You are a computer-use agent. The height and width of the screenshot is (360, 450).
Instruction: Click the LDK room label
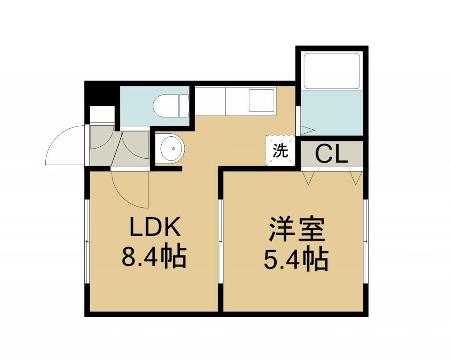pos(155,226)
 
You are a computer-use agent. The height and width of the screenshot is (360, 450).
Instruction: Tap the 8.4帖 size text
pos(154,257)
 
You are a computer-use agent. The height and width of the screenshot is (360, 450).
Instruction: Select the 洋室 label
pos(297,229)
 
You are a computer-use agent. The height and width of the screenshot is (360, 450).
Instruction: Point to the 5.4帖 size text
pos(296,259)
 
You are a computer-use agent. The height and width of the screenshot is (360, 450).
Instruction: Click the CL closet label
pos(331,155)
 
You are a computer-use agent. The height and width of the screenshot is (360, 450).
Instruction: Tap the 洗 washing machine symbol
pos(280,150)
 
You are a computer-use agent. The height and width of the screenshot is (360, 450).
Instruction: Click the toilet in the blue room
pos(171,106)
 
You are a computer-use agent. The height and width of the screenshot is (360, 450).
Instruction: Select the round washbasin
pos(171,148)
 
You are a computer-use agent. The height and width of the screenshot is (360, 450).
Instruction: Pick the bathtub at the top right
pos(331,71)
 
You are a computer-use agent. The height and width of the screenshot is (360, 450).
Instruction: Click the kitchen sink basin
pos(261,100)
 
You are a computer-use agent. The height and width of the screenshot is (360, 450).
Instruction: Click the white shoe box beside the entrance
pos(102,115)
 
